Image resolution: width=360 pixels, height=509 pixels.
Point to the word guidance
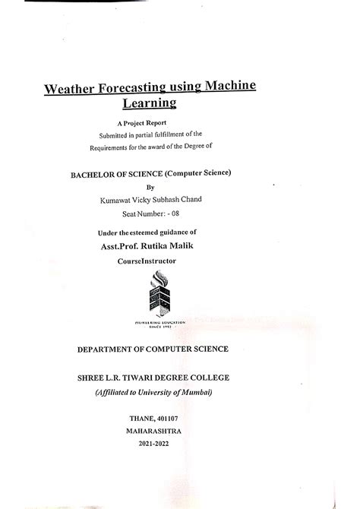(x=172, y=232)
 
